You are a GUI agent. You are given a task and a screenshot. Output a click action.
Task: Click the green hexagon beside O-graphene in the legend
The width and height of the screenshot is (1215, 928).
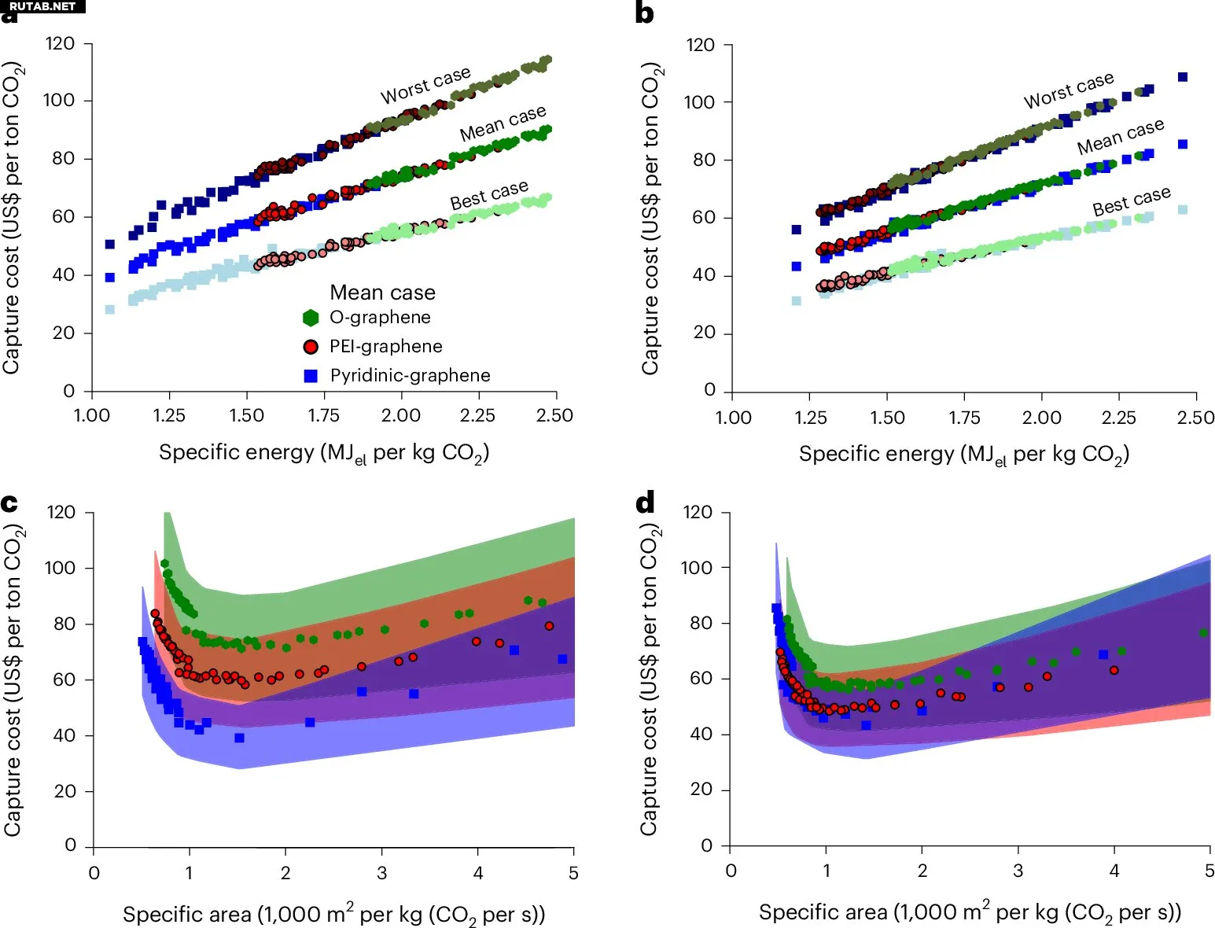coord(311,318)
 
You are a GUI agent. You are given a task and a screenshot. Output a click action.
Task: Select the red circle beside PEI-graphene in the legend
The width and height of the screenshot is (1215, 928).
coord(311,347)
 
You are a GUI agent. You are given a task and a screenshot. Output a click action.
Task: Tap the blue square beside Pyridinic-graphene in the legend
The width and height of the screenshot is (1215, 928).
coord(311,376)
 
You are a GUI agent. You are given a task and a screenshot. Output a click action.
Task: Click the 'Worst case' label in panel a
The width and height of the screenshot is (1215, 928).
coord(425,85)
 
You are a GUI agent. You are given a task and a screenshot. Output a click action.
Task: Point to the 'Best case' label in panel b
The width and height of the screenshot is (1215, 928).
coord(1132,201)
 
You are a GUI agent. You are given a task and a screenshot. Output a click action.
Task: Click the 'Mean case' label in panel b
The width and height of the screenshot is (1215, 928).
coord(1120,137)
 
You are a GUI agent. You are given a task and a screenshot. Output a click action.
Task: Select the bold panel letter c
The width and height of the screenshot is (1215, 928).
coord(9,503)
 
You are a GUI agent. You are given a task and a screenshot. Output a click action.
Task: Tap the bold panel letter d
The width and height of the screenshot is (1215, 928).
coord(645,503)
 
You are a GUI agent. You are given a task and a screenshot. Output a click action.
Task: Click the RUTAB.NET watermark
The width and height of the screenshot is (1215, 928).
coord(42,6)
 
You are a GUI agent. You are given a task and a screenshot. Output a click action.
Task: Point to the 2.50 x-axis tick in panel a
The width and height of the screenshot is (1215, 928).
coord(554,415)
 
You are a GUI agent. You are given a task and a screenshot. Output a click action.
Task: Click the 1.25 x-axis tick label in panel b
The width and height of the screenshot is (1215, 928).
coord(811,418)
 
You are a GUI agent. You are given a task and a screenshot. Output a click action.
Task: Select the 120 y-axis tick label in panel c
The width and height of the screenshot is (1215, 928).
coord(61,513)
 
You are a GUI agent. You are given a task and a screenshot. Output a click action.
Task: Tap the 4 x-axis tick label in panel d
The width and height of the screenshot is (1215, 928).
coord(1114,871)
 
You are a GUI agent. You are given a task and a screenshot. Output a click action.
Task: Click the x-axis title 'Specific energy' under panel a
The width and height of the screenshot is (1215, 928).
coord(324,453)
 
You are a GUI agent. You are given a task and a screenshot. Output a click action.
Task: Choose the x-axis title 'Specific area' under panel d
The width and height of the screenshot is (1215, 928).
coord(970,912)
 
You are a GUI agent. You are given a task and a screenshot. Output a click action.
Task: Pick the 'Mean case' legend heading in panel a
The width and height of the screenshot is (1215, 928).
coord(382,293)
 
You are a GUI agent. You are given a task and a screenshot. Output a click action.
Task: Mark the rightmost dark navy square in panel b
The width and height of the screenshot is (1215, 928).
coord(1182,77)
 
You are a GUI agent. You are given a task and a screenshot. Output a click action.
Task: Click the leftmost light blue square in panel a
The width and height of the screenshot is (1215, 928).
coord(110,309)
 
